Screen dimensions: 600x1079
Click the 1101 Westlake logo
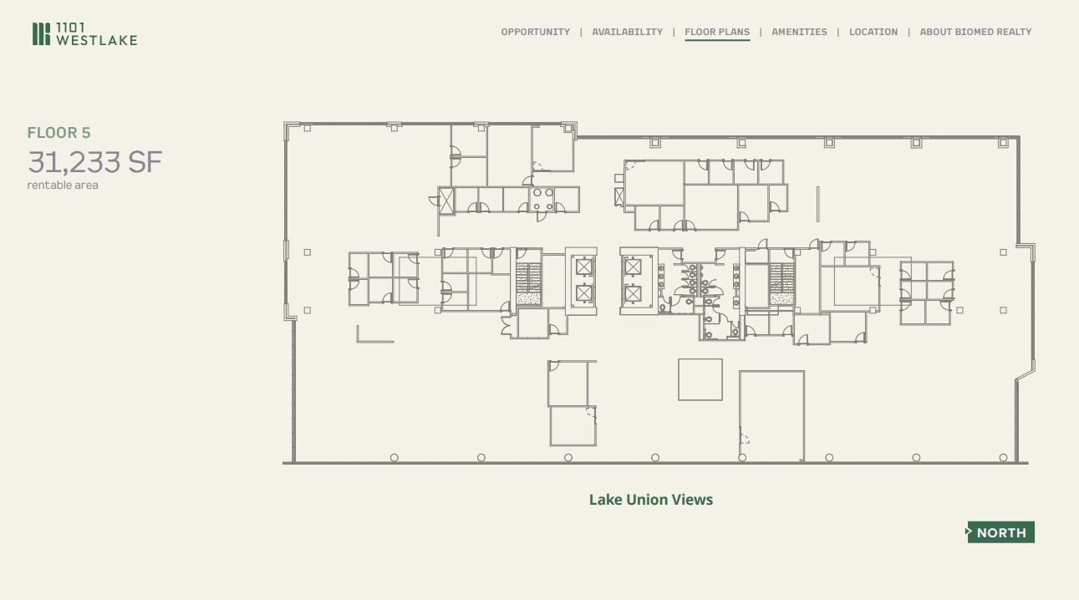(84, 34)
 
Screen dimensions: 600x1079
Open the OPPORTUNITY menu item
(535, 32)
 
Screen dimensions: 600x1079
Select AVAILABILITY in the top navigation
(627, 32)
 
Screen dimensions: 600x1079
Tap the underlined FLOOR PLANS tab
(717, 32)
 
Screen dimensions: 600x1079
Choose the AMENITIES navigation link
(799, 32)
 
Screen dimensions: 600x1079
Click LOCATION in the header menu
(873, 32)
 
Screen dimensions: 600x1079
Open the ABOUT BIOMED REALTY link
(975, 32)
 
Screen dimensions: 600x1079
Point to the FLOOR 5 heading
(59, 133)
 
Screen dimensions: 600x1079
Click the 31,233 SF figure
(94, 161)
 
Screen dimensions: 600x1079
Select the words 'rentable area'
(63, 186)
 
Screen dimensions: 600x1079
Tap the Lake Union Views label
(650, 500)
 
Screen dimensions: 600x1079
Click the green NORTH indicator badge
(1000, 532)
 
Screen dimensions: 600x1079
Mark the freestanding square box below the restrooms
(700, 379)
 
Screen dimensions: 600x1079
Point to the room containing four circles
(542, 199)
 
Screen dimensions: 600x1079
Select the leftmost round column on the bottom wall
(394, 457)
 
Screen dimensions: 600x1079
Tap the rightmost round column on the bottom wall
(1003, 457)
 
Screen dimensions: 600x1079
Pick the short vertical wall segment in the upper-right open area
(817, 203)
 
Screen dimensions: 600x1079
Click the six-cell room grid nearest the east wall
(926, 292)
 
